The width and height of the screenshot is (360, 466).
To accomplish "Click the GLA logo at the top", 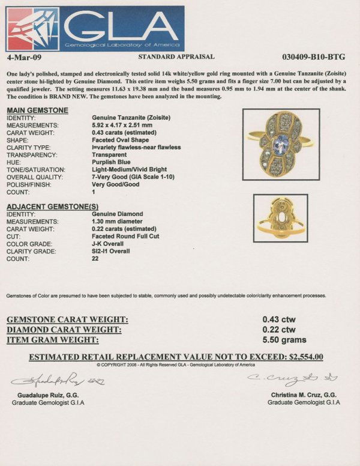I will (x=95, y=28).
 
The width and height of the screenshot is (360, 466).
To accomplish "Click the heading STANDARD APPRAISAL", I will (x=176, y=56).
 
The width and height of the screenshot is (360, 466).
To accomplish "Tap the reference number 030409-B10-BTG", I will (x=317, y=56).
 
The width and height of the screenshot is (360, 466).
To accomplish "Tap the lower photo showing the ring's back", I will (x=280, y=217).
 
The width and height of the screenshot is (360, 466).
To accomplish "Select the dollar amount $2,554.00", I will (x=306, y=357).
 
